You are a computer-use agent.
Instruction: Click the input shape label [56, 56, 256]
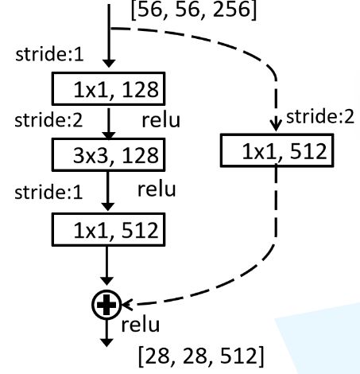pyautogui.click(x=194, y=10)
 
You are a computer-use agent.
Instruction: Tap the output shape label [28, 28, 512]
pyautogui.click(x=201, y=356)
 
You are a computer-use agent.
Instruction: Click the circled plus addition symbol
pyautogui.click(x=106, y=305)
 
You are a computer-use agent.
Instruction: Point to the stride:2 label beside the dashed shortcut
pyautogui.click(x=320, y=117)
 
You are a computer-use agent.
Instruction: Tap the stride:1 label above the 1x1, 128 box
pyautogui.click(x=49, y=54)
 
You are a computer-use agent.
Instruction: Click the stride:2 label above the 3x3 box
pyautogui.click(x=48, y=120)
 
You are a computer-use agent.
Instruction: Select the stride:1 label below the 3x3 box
pyautogui.click(x=48, y=193)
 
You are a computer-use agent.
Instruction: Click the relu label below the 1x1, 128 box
pyautogui.click(x=161, y=120)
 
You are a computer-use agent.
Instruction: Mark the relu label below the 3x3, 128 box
pyautogui.click(x=157, y=189)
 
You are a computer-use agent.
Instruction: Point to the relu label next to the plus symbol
pyautogui.click(x=141, y=325)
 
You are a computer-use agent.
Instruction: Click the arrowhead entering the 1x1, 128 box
pyautogui.click(x=109, y=64)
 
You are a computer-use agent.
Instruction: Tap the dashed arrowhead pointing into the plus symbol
pyautogui.click(x=127, y=305)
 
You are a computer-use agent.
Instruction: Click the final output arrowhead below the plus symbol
pyautogui.click(x=106, y=343)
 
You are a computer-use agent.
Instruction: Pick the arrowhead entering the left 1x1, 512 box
pyautogui.click(x=107, y=207)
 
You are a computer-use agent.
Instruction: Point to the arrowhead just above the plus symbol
pyautogui.click(x=106, y=281)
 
